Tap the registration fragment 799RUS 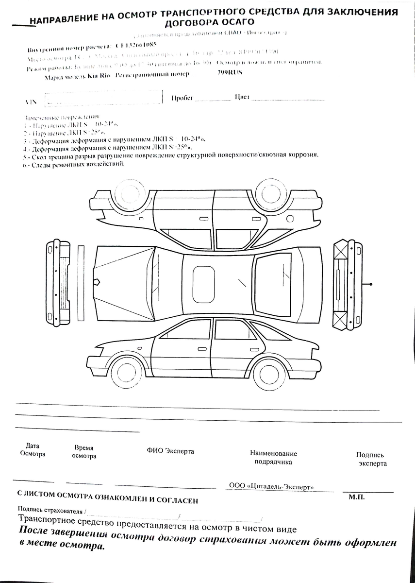[229, 73]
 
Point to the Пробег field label [182, 98]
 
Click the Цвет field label [242, 97]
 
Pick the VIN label [30, 103]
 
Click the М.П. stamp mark [356, 497]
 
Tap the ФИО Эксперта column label [170, 451]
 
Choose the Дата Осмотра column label [33, 450]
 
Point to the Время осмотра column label [84, 452]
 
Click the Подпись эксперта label [370, 459]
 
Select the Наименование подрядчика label [273, 457]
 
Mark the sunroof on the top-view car [204, 283]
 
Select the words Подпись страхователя [50, 510]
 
